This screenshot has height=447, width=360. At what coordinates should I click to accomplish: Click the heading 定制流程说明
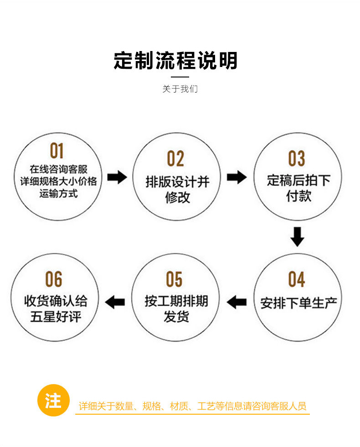click(176, 61)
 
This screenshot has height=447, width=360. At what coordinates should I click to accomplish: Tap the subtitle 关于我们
click(180, 89)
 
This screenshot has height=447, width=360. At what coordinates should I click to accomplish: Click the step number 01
click(57, 150)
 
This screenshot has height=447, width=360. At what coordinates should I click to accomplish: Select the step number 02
click(175, 159)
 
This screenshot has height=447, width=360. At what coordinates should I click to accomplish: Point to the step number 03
click(296, 159)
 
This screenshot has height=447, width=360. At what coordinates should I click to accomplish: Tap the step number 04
click(296, 279)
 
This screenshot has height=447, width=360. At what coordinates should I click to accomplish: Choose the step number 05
click(174, 279)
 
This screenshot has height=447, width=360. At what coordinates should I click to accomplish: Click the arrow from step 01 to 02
click(117, 177)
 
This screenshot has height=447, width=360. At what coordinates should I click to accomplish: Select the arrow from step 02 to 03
click(237, 177)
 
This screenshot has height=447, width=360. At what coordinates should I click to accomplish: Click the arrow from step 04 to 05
click(237, 301)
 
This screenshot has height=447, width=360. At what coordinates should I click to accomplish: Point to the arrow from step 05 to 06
click(115, 301)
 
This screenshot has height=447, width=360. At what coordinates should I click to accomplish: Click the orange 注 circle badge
click(53, 401)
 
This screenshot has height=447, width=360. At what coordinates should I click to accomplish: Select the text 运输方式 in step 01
click(58, 193)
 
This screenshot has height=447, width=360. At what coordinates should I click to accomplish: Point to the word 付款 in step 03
click(298, 197)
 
